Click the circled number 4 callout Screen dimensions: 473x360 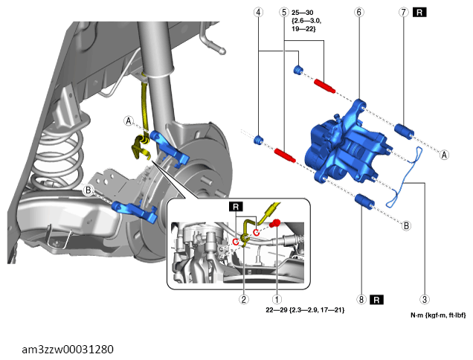point(258,13)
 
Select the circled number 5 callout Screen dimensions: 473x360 point(284,13)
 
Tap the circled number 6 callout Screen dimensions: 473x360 point(359,13)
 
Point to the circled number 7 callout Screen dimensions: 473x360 point(404,13)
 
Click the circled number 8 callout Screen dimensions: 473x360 point(361,300)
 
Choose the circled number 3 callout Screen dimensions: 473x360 point(425,300)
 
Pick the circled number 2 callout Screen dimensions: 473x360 point(244,299)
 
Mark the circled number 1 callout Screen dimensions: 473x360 point(277,299)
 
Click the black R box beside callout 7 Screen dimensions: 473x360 point(419,13)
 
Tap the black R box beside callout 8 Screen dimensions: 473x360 point(376,300)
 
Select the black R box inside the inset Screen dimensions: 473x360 point(236,207)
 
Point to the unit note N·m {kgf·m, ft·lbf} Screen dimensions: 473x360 point(438,315)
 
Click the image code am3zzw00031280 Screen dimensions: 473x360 point(68,350)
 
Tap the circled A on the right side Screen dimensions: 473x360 point(444,155)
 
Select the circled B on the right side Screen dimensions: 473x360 point(406,225)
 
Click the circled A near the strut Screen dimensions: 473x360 point(129,121)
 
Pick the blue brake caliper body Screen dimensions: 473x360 point(347,145)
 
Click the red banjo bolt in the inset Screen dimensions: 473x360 point(275,224)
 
